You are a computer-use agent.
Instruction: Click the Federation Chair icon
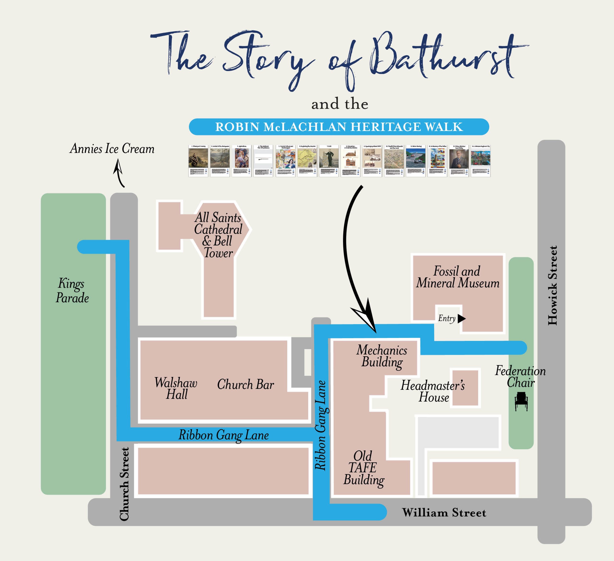[521, 401]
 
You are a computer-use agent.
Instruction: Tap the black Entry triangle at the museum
[461, 319]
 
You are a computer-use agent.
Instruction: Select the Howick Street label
[552, 285]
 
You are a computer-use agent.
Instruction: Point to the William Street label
[444, 513]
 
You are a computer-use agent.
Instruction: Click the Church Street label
[124, 484]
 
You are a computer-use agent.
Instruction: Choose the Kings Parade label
[72, 290]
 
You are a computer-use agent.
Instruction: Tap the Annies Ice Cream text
[112, 149]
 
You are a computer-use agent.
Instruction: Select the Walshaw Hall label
[176, 388]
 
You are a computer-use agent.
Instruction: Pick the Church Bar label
[245, 385]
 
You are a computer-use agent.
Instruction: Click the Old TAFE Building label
[363, 468]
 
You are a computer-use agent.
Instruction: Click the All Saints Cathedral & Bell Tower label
[218, 235]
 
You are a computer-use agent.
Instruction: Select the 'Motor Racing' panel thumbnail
[415, 161]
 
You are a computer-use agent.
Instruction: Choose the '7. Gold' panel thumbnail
[329, 161]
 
